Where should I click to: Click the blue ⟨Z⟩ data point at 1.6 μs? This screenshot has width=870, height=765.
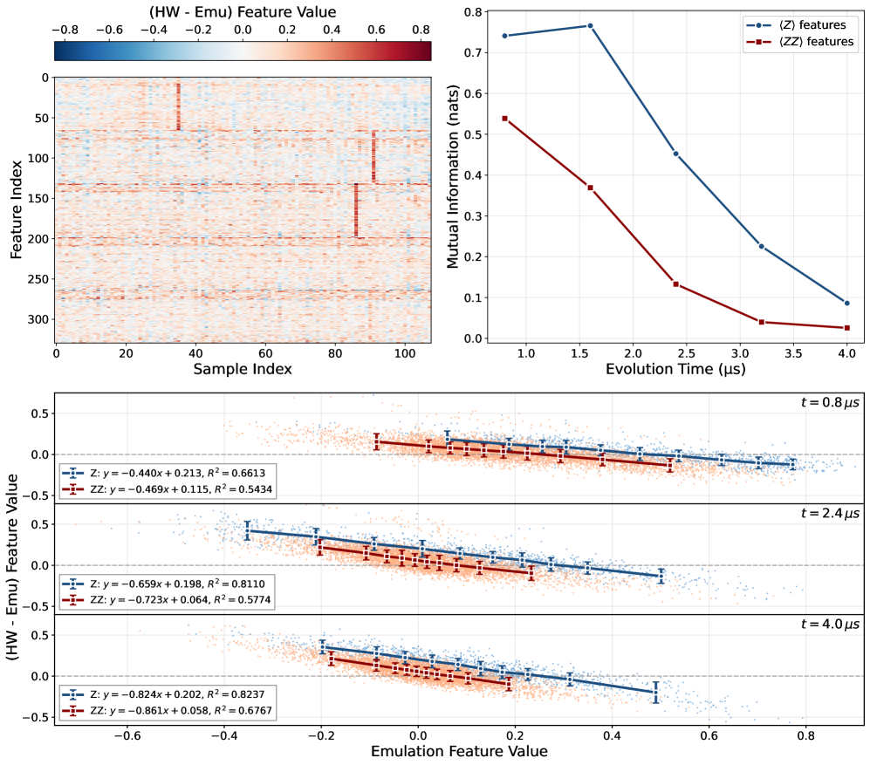pos(590,26)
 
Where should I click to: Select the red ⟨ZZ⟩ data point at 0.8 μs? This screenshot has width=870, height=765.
pos(504,118)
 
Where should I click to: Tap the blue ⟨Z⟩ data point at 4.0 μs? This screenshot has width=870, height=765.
pos(846,303)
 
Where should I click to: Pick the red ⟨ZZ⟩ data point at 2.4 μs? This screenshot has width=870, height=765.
pos(675,283)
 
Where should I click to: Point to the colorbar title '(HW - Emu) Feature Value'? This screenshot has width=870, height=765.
pos(243,11)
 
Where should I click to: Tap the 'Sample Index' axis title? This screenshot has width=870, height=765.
pos(243,369)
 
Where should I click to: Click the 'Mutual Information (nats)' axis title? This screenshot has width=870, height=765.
pos(453,174)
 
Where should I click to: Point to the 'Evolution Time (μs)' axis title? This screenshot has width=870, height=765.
pos(675,369)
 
